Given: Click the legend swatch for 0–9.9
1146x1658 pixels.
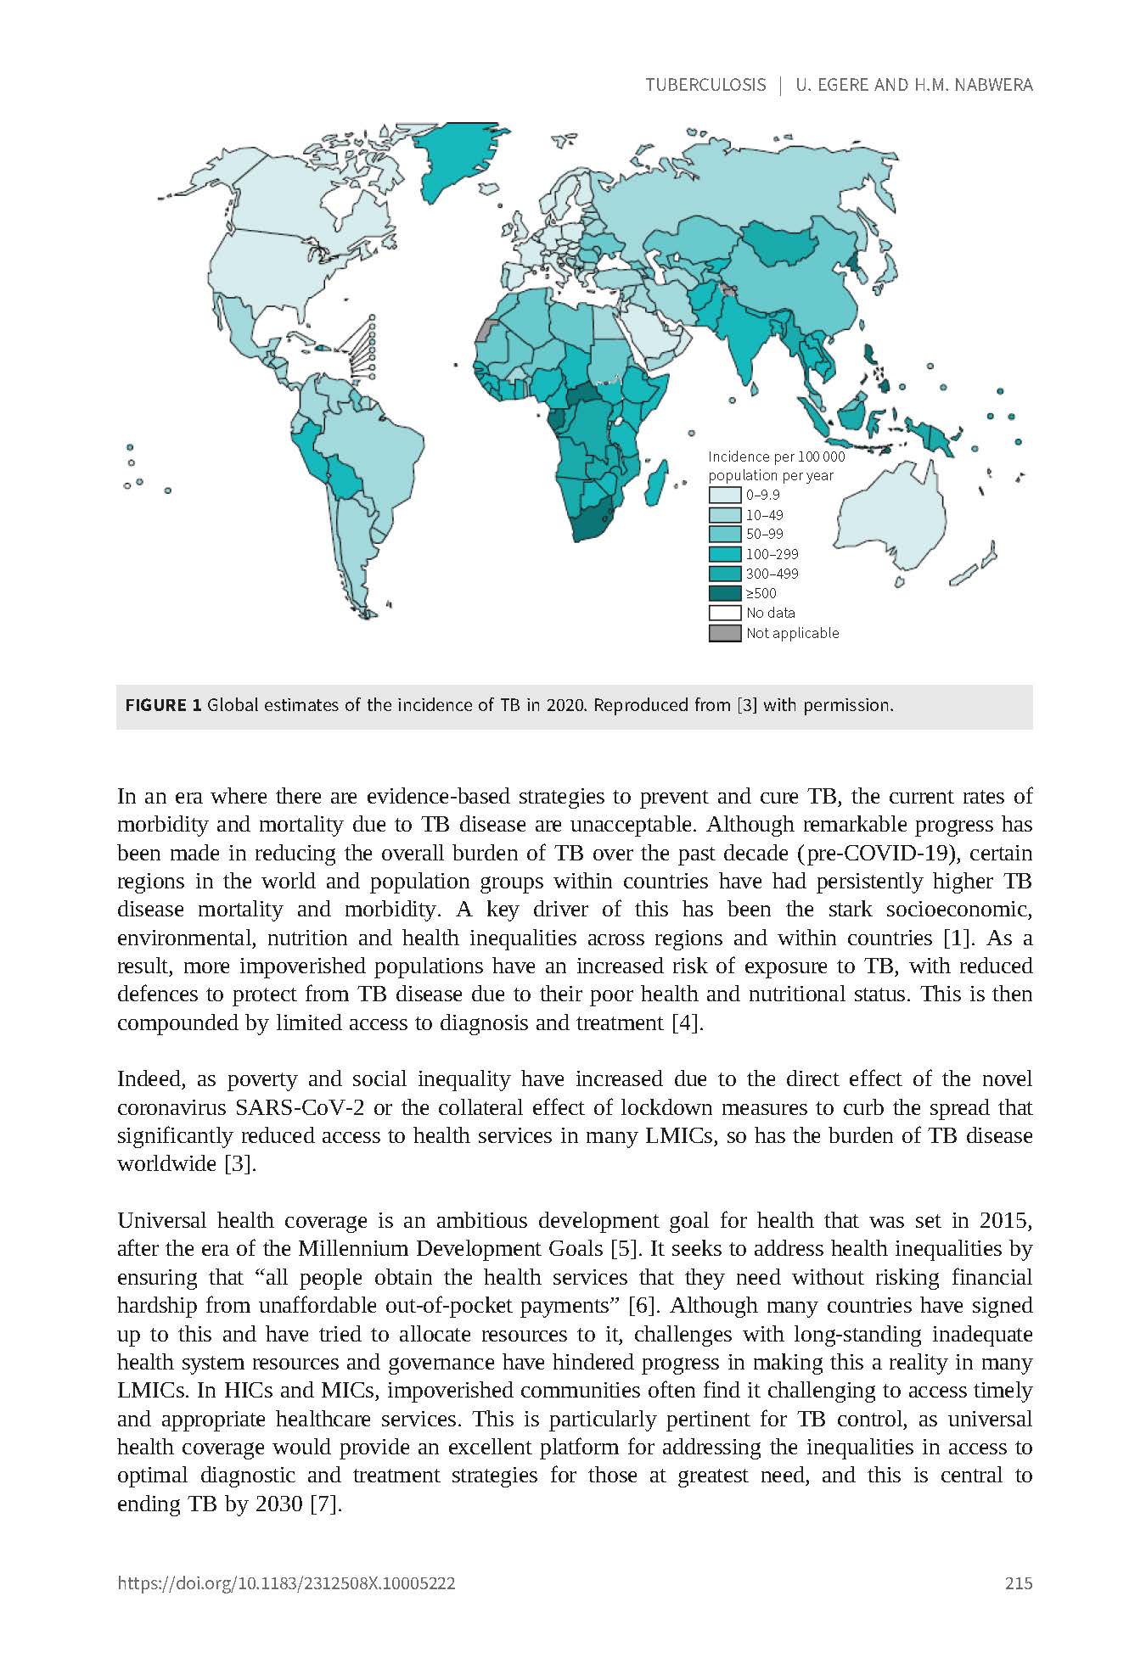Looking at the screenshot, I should point(725,496).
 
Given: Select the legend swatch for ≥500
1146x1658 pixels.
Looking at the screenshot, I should point(725,593).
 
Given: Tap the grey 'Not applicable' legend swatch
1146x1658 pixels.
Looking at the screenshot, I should point(725,633).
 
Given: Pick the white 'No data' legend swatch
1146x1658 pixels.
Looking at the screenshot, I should point(725,613).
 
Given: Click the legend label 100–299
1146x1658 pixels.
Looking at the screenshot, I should point(772,554).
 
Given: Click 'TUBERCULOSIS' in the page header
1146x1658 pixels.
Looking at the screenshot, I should point(705,85).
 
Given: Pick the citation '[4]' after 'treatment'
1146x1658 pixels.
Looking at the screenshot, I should point(686,1022).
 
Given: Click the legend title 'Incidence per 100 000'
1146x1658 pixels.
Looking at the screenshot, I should point(776,457).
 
